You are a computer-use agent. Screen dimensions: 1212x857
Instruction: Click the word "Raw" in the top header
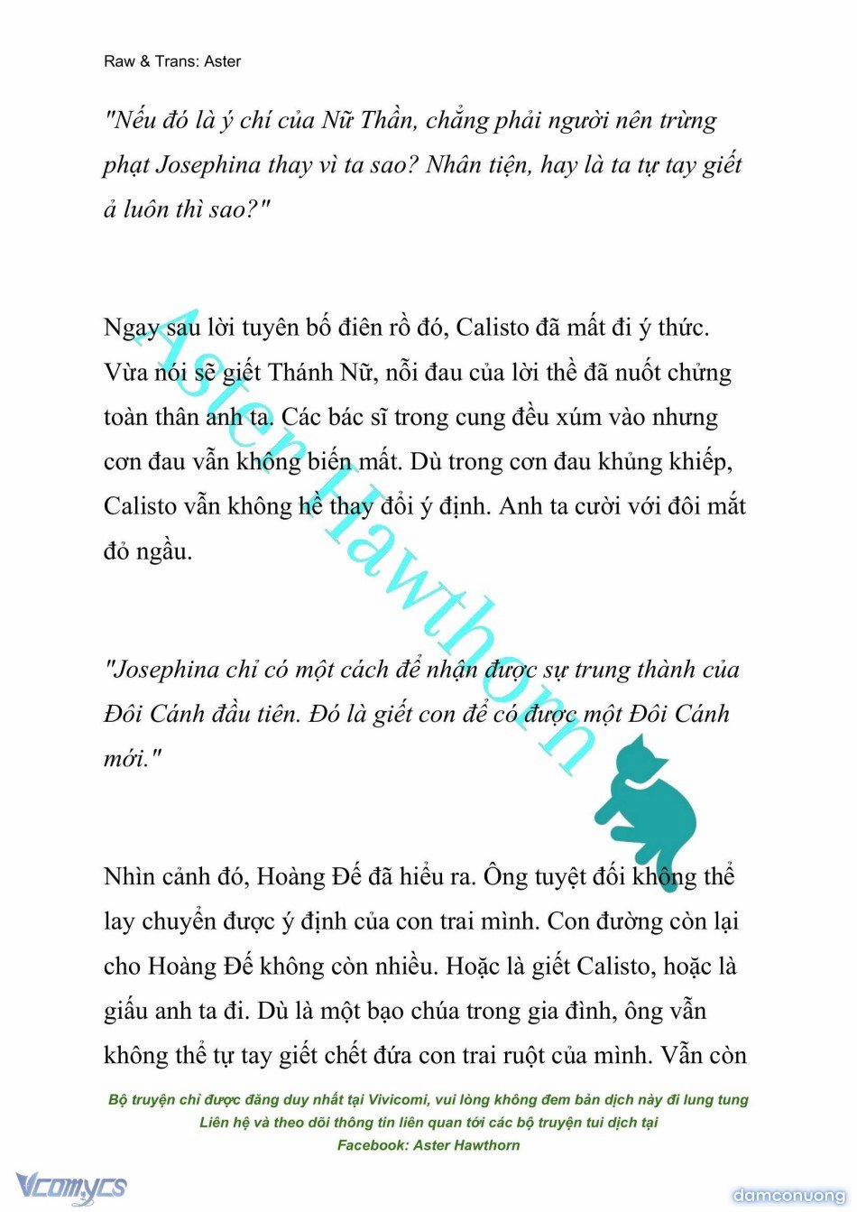tap(119, 61)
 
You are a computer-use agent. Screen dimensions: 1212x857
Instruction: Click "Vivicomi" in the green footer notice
tap(398, 1100)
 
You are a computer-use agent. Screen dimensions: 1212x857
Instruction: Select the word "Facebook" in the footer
tap(372, 1145)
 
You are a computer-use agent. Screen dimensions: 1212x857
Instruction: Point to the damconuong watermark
tap(788, 1196)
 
